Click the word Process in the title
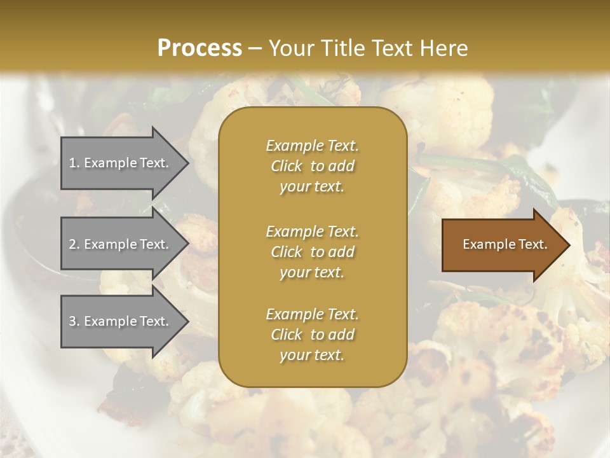coord(200,48)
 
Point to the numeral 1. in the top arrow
coord(74,163)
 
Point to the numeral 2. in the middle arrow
coord(74,244)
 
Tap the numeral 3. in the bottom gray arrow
coord(74,321)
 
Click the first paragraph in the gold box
coord(312,166)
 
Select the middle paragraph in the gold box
coord(312,252)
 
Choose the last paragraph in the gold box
coord(312,335)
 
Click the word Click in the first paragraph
coord(286,166)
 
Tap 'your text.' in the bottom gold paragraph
coord(312,355)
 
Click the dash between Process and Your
coord(255,48)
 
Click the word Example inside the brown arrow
coord(485,244)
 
